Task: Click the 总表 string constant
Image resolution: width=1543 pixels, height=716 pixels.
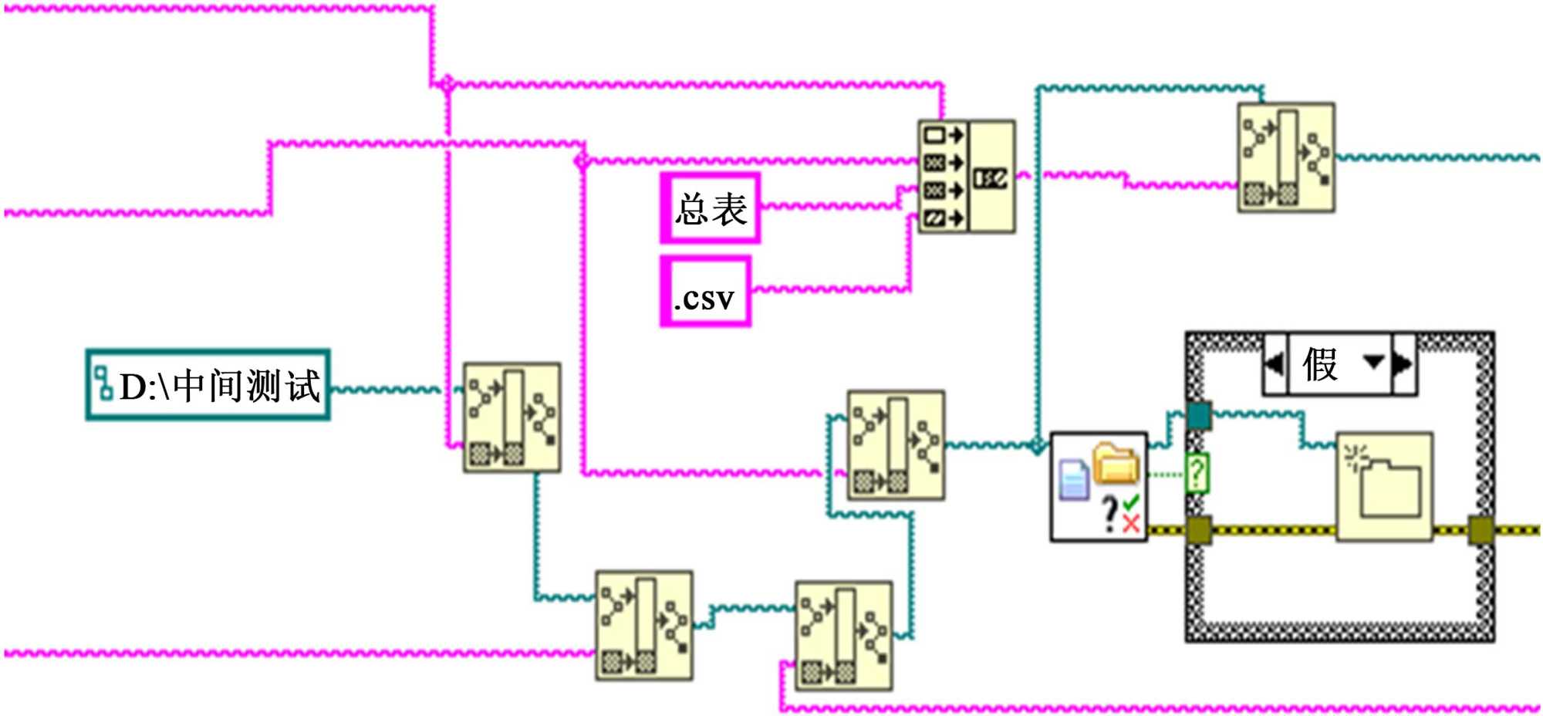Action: click(x=711, y=208)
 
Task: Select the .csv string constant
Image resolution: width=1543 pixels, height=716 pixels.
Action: click(x=705, y=292)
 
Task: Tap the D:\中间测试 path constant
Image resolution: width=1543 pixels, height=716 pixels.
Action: click(x=208, y=385)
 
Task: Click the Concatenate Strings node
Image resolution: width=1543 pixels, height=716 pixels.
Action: click(x=966, y=177)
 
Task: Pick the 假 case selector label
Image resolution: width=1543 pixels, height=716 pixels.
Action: click(x=1321, y=364)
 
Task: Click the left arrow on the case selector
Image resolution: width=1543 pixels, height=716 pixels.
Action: click(x=1275, y=364)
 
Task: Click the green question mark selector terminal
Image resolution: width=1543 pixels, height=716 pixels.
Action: click(x=1196, y=473)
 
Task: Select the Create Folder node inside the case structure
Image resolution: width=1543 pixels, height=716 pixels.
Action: click(x=1385, y=486)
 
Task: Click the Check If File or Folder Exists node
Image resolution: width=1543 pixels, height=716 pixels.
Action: click(x=1099, y=486)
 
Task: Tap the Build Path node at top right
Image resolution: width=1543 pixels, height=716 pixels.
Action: click(x=1286, y=157)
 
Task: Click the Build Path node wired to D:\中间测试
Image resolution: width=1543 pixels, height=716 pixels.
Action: click(x=512, y=417)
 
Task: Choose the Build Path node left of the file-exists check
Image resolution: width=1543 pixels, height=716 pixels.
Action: click(x=896, y=445)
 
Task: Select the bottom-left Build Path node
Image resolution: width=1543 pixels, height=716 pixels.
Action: click(x=644, y=626)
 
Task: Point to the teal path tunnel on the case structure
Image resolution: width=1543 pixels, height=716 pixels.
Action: click(x=1198, y=415)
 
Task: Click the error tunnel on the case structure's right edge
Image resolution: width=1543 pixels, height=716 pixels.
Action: click(x=1481, y=531)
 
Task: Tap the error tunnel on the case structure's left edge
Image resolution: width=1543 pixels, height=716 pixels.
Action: click(x=1198, y=531)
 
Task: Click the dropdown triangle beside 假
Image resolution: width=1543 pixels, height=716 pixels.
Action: click(x=1373, y=362)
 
